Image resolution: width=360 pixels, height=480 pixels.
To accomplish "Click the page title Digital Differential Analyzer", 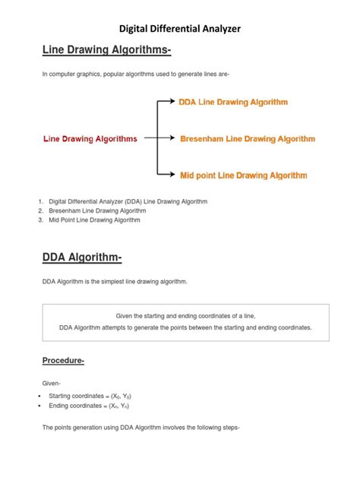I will [180, 29].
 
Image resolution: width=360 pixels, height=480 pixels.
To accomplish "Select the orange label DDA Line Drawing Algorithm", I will [233, 102].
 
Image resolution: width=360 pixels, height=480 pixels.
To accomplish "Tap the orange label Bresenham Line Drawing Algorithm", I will [247, 139].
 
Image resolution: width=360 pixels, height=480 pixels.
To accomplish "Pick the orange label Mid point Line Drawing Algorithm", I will [243, 175].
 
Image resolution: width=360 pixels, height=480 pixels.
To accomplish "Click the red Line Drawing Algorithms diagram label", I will [90, 139].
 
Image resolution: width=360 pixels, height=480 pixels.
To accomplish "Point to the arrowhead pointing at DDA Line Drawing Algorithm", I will [173, 102].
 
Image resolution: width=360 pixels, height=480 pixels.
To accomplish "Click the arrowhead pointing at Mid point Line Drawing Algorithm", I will [173, 175].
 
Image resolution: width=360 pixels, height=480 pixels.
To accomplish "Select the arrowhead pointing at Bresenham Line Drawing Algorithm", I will [173, 139].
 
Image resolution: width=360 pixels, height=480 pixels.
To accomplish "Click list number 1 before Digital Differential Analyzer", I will [39, 201].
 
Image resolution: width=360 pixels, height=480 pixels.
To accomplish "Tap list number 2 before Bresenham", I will [39, 210].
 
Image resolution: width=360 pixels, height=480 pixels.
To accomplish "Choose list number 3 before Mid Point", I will [39, 219].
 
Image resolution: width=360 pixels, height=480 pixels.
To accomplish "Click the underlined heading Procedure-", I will [62, 361].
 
